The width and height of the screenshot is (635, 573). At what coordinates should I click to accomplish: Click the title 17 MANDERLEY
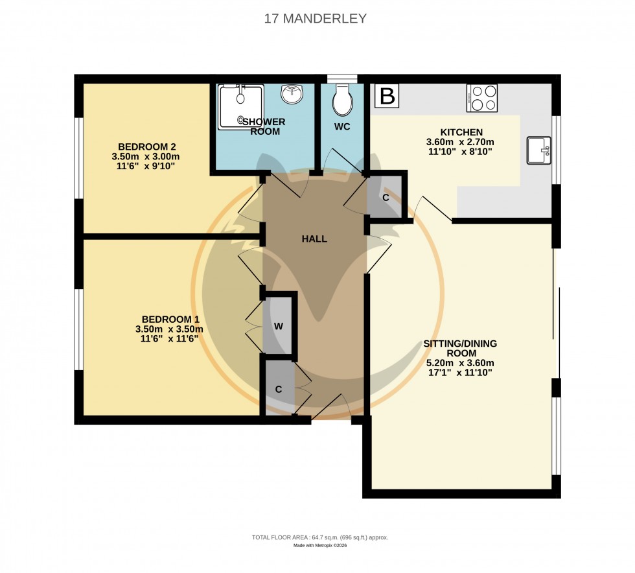click(316, 18)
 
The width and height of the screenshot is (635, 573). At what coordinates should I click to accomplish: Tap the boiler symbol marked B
click(387, 97)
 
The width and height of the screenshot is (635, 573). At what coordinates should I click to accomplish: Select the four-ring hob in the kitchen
click(482, 98)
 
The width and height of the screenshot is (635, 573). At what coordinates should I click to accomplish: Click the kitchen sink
click(539, 150)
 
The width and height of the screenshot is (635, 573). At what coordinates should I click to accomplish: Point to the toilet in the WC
click(341, 99)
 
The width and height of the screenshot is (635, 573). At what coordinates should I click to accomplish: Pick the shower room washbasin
click(292, 95)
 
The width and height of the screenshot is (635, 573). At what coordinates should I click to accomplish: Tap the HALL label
click(314, 239)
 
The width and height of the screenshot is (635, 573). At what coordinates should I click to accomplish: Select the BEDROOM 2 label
click(147, 146)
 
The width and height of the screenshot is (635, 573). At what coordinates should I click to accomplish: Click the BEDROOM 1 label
click(170, 319)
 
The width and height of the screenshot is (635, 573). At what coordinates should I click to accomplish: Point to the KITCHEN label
click(460, 132)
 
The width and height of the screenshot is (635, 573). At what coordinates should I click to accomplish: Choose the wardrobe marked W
click(279, 326)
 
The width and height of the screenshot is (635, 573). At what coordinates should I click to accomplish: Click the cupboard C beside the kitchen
click(386, 197)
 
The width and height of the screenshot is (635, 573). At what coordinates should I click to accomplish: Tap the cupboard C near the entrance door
click(278, 389)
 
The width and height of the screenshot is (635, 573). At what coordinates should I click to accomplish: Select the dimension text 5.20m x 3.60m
click(460, 363)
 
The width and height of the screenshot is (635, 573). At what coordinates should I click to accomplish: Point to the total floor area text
click(319, 538)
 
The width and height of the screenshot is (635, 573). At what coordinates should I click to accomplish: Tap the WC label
click(342, 126)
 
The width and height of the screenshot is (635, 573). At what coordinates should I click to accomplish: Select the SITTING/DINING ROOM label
click(460, 348)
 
